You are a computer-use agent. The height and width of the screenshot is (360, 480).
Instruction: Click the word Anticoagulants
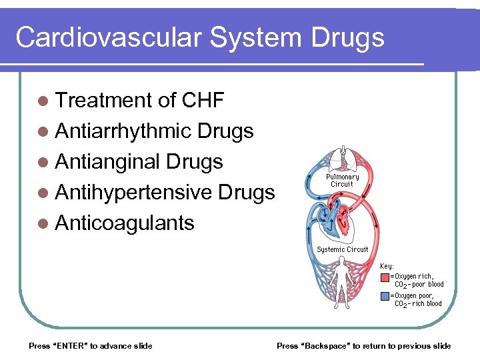click(125, 223)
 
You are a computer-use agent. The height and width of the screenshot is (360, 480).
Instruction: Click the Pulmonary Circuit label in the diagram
click(343, 180)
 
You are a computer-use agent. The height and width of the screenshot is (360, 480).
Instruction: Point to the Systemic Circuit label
click(343, 249)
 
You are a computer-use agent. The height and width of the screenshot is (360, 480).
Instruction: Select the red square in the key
click(385, 277)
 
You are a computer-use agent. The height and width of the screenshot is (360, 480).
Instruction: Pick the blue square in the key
click(385, 295)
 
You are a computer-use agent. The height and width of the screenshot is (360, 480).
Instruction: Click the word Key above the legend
click(387, 266)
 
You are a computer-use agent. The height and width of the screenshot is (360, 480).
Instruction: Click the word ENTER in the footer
click(68, 345)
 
